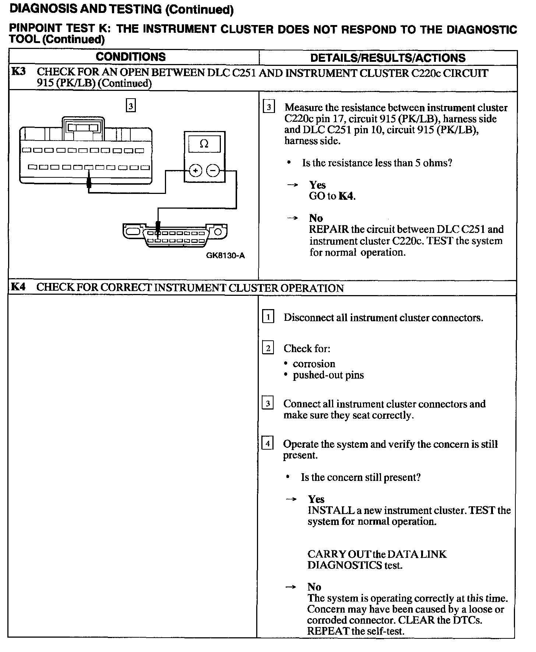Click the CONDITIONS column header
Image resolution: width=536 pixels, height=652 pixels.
131,57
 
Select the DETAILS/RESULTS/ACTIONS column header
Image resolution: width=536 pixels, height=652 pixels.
388,58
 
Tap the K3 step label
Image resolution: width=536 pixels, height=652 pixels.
18,71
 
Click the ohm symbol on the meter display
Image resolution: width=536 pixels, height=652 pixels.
204,144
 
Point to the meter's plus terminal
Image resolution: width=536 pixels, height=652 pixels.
195,171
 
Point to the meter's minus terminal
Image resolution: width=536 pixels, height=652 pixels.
213,171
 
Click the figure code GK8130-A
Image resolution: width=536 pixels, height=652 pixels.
225,255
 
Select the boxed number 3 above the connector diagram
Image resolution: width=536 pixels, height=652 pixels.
131,106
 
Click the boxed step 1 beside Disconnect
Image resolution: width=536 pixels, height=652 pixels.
268,317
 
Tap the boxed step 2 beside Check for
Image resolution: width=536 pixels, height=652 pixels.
268,348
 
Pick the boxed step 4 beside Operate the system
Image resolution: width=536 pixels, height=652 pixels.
268,444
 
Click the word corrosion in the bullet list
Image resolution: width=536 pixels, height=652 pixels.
314,364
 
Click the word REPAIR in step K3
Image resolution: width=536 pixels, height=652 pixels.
329,229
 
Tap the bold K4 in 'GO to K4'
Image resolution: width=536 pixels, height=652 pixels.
346,196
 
